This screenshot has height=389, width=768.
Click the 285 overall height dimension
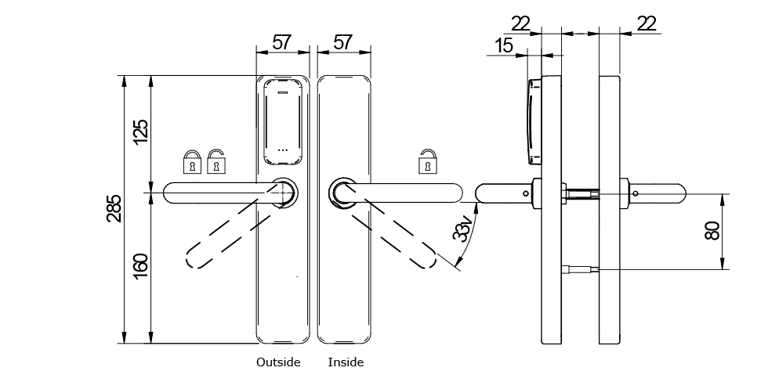coord(114,208)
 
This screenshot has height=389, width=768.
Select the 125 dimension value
coord(140,131)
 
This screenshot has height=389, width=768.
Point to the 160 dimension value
coord(140,265)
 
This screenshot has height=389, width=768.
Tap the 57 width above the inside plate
coord(342,42)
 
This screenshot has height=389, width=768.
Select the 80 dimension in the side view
coord(712,231)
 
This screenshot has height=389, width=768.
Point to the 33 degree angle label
coord(463,230)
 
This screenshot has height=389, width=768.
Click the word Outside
coord(278,362)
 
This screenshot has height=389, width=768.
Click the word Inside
coord(346,362)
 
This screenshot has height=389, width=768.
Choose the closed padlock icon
coord(192,162)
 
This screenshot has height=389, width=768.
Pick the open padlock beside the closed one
coord(216,162)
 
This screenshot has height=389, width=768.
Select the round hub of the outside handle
coord(284,192)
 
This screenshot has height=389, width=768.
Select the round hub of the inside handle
coord(342,192)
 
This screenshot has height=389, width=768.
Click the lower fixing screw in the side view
coord(580,270)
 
